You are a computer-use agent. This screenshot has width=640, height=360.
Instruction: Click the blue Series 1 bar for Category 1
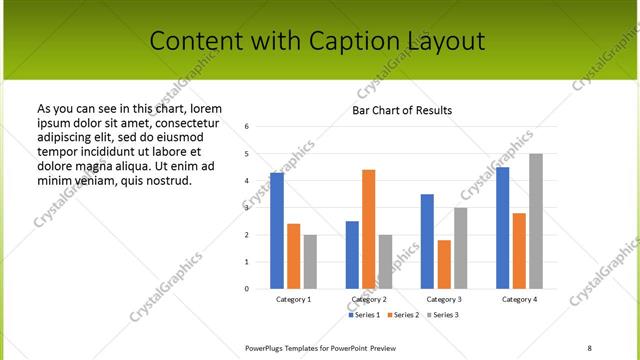click(x=277, y=231)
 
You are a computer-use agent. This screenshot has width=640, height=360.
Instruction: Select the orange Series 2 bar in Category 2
click(x=368, y=229)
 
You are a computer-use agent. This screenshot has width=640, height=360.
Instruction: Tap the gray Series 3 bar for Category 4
click(x=536, y=221)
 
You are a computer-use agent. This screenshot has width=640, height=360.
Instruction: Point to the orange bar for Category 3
click(x=444, y=264)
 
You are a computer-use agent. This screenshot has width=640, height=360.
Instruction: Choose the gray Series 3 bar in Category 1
click(x=310, y=262)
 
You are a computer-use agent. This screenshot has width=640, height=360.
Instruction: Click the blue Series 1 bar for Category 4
click(x=502, y=228)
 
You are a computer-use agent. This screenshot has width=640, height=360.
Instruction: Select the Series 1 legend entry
click(x=363, y=315)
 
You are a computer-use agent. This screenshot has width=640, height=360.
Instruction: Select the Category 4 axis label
click(x=519, y=299)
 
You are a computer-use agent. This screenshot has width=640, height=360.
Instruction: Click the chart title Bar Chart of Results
click(x=402, y=110)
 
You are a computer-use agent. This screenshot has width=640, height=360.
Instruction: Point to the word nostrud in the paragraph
click(x=168, y=180)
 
